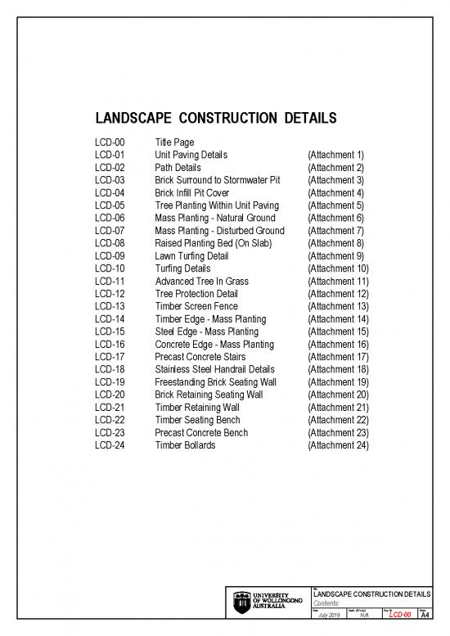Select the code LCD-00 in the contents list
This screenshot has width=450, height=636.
[109, 142]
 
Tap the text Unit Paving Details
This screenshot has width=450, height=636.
[191, 155]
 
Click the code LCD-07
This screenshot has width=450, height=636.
[109, 231]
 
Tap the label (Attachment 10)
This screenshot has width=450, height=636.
[338, 268]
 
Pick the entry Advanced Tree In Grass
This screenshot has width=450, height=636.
[201, 281]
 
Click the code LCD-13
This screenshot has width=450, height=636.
[109, 306]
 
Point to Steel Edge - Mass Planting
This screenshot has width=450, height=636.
[206, 332]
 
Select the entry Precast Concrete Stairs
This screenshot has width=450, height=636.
[201, 357]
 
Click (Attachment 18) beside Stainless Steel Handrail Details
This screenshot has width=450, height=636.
[338, 369]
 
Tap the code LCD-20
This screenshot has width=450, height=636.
[109, 395]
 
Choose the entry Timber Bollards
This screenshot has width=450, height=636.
[185, 445]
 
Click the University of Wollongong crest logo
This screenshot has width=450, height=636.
[242, 600]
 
